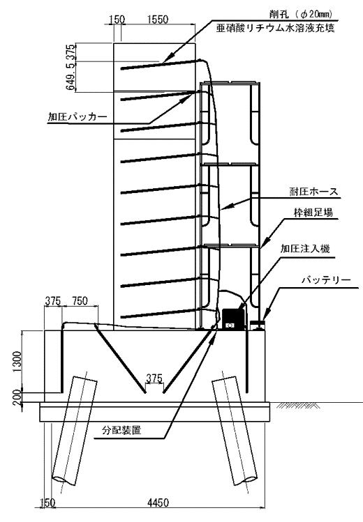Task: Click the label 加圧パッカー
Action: [77, 117]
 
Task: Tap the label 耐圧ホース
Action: [313, 192]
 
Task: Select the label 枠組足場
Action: [313, 212]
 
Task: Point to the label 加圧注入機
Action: [305, 248]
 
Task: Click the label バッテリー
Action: [326, 279]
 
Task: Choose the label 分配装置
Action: [121, 430]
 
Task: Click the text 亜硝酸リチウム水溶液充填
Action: [275, 29]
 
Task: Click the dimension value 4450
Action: [158, 502]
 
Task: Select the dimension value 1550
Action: [158, 20]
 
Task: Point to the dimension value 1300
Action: [17, 362]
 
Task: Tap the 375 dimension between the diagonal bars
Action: [154, 378]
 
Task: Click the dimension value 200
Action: [17, 397]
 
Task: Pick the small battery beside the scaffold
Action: [258, 325]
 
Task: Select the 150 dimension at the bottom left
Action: [47, 502]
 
